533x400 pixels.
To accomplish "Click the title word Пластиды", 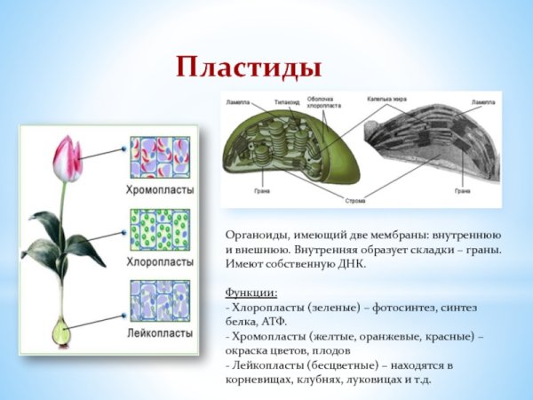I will coord(248,67).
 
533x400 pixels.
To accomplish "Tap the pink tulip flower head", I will coord(68,159).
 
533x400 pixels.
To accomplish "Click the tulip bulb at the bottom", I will coord(60,332).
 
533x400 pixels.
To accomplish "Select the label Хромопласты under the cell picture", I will coord(160,189).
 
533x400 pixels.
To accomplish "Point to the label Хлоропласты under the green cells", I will coord(161,262).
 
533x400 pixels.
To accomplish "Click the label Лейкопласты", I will coord(161,333).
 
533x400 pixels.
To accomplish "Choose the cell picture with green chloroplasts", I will coord(161,231).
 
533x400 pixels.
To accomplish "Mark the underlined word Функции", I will coord(251,292).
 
